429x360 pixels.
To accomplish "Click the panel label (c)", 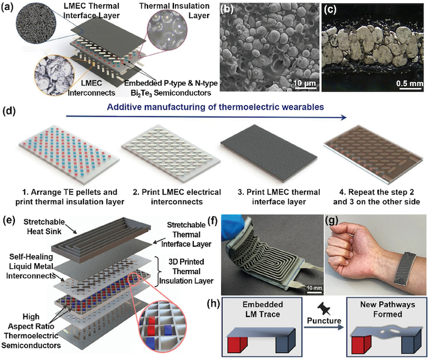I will click(328, 8).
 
